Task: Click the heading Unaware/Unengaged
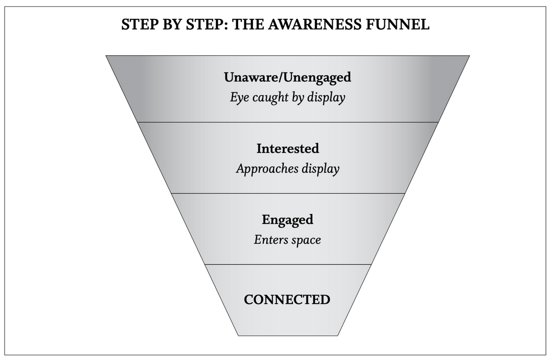(287, 77)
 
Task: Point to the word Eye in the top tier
(238, 97)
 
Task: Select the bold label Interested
(287, 148)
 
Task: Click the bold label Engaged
(287, 219)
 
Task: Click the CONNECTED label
(287, 300)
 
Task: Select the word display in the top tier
(326, 97)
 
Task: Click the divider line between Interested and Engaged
(287, 193)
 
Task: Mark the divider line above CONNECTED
(287, 264)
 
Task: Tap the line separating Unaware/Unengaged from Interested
(287, 122)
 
